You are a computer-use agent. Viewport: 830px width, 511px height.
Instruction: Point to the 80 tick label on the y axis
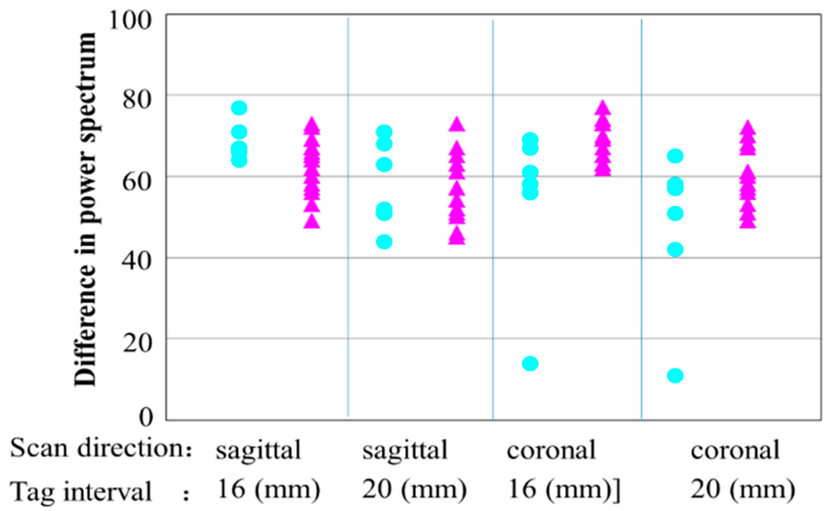click(137, 100)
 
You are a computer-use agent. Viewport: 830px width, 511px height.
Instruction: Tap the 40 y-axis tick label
click(137, 261)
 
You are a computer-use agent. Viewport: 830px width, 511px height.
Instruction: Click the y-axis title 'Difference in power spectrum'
click(86, 210)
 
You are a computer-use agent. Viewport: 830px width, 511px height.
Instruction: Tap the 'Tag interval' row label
click(81, 491)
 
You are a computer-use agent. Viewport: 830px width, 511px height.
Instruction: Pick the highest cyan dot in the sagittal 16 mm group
click(239, 108)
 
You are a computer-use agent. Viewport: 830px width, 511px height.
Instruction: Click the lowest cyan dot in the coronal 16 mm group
click(530, 363)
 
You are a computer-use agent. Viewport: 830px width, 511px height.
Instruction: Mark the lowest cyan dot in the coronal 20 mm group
click(675, 375)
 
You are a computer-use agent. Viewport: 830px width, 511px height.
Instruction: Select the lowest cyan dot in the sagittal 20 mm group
click(384, 242)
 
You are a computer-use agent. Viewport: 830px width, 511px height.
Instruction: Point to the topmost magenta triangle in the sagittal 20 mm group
click(457, 125)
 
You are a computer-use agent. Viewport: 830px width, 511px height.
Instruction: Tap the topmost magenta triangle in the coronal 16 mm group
click(603, 108)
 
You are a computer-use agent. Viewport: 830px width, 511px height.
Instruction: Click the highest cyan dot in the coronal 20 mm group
click(675, 156)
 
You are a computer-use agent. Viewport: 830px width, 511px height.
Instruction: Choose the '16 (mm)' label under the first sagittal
click(269, 490)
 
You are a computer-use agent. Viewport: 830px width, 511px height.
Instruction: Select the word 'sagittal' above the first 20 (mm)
click(405, 450)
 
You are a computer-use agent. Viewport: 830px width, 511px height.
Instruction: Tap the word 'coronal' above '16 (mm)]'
click(551, 450)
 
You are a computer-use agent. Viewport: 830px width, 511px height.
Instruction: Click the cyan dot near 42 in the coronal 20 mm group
click(675, 249)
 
